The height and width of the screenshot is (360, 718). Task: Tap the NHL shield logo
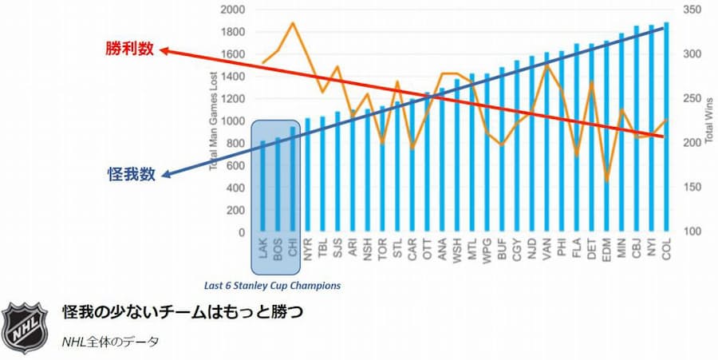tap(24, 326)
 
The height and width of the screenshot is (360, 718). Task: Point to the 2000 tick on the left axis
tap(233, 10)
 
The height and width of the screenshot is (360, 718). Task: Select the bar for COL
tap(666, 128)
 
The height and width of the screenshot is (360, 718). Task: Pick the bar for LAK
tap(262, 187)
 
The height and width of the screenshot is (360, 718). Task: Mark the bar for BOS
tap(278, 185)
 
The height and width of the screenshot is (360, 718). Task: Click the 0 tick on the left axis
tap(241, 232)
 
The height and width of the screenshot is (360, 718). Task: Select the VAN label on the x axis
tap(546, 249)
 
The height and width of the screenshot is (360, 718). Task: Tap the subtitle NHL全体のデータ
tap(111, 341)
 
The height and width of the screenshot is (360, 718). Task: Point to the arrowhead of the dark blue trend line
tap(163, 174)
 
